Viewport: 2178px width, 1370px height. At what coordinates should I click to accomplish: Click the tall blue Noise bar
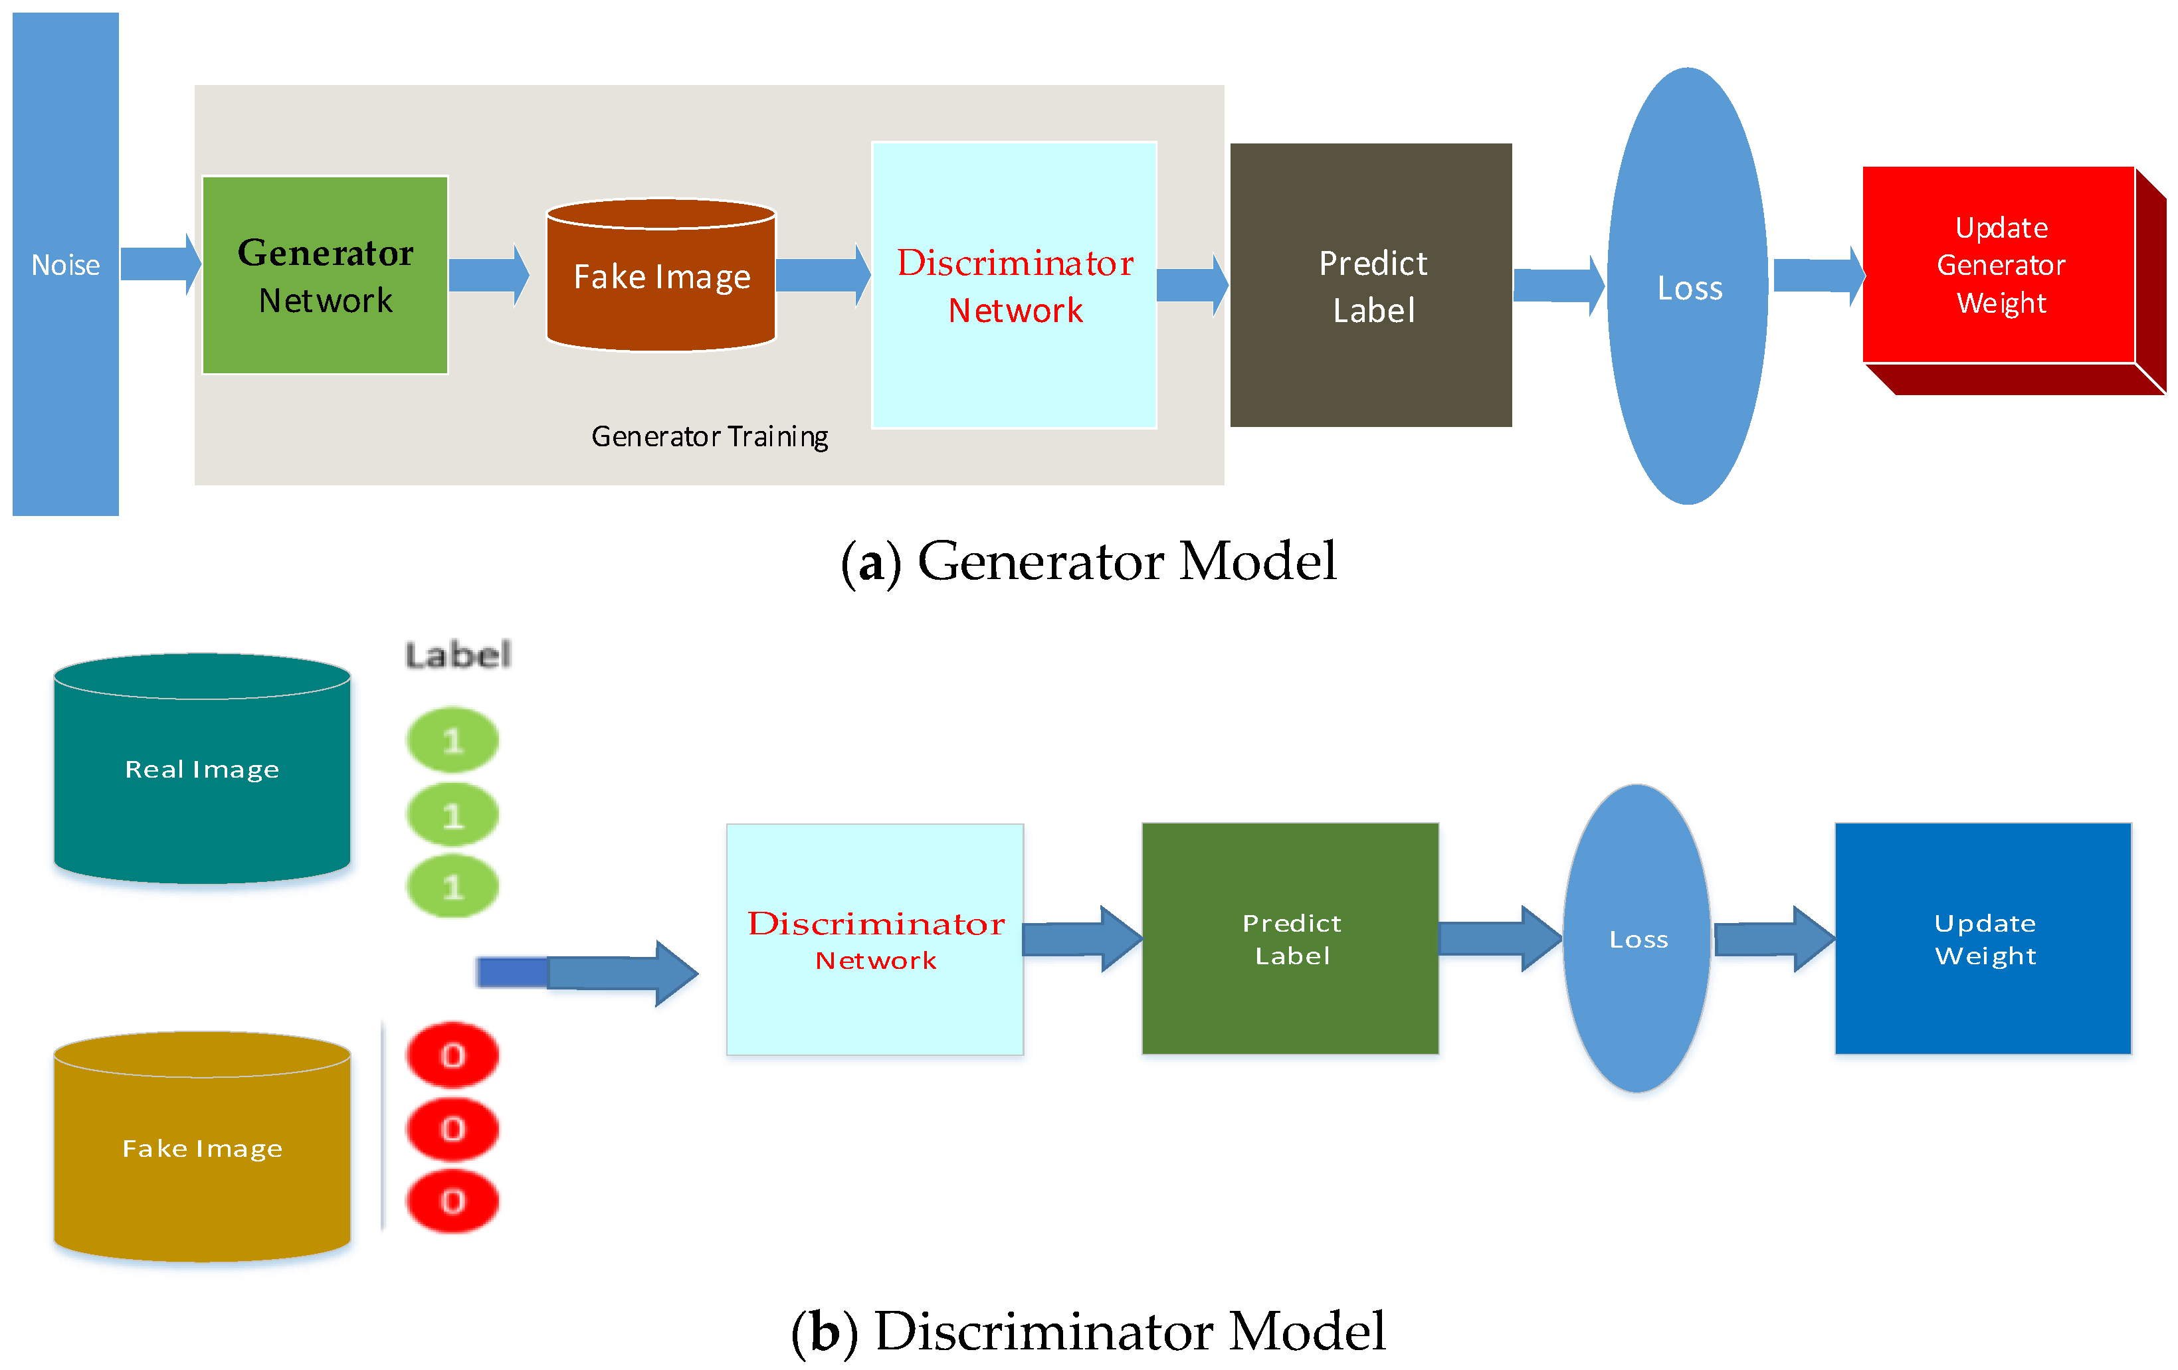(x=65, y=264)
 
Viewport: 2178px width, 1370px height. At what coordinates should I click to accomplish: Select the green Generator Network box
(x=326, y=275)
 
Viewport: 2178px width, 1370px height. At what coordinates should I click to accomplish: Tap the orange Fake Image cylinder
(x=661, y=275)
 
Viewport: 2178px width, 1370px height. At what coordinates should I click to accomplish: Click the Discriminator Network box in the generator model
(x=1014, y=285)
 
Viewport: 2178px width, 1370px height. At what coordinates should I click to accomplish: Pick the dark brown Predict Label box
(x=1371, y=285)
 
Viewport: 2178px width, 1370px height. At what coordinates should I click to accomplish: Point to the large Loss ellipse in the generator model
(x=1688, y=286)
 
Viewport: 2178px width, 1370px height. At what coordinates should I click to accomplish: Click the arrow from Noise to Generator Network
(x=161, y=264)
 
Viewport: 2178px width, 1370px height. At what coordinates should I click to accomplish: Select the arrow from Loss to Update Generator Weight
(x=1819, y=276)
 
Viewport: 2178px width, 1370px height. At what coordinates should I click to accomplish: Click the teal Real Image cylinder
(x=203, y=768)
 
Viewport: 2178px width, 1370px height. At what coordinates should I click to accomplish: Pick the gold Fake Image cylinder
(x=203, y=1147)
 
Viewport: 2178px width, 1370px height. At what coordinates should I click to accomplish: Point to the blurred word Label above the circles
(x=458, y=655)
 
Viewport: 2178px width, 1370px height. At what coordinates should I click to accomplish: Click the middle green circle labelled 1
(x=453, y=815)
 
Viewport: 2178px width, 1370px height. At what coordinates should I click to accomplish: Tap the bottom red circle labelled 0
(x=453, y=1201)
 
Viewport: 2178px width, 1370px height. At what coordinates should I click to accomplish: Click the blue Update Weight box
(x=1983, y=938)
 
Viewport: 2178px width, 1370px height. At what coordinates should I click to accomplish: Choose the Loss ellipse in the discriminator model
(x=1637, y=938)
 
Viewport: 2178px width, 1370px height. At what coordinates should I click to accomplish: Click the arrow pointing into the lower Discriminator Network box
(x=588, y=973)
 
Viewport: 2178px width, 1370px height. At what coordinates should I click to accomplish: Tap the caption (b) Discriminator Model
(x=1088, y=1330)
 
